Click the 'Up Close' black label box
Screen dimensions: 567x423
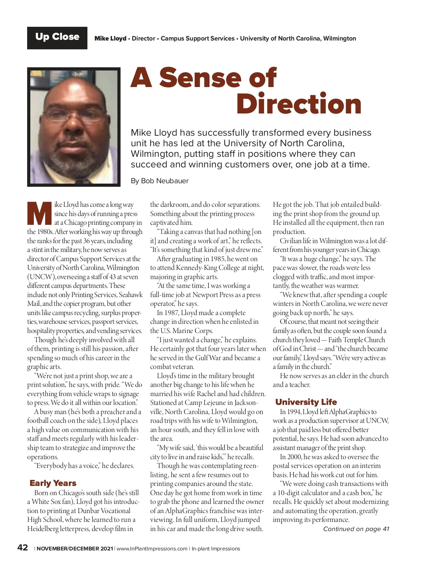(57, 38)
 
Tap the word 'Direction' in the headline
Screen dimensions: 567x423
(299, 104)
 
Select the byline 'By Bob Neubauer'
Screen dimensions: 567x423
(159, 181)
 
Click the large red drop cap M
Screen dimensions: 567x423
(39, 214)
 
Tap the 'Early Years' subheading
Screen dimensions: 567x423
(53, 483)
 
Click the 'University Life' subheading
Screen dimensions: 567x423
(306, 402)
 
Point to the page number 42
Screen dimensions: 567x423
(23, 548)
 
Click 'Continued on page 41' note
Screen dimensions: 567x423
(356, 529)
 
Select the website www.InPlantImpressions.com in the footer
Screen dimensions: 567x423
(152, 549)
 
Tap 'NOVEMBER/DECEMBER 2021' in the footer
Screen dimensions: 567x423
(75, 549)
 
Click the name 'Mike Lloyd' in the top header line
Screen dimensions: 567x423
(110, 38)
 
